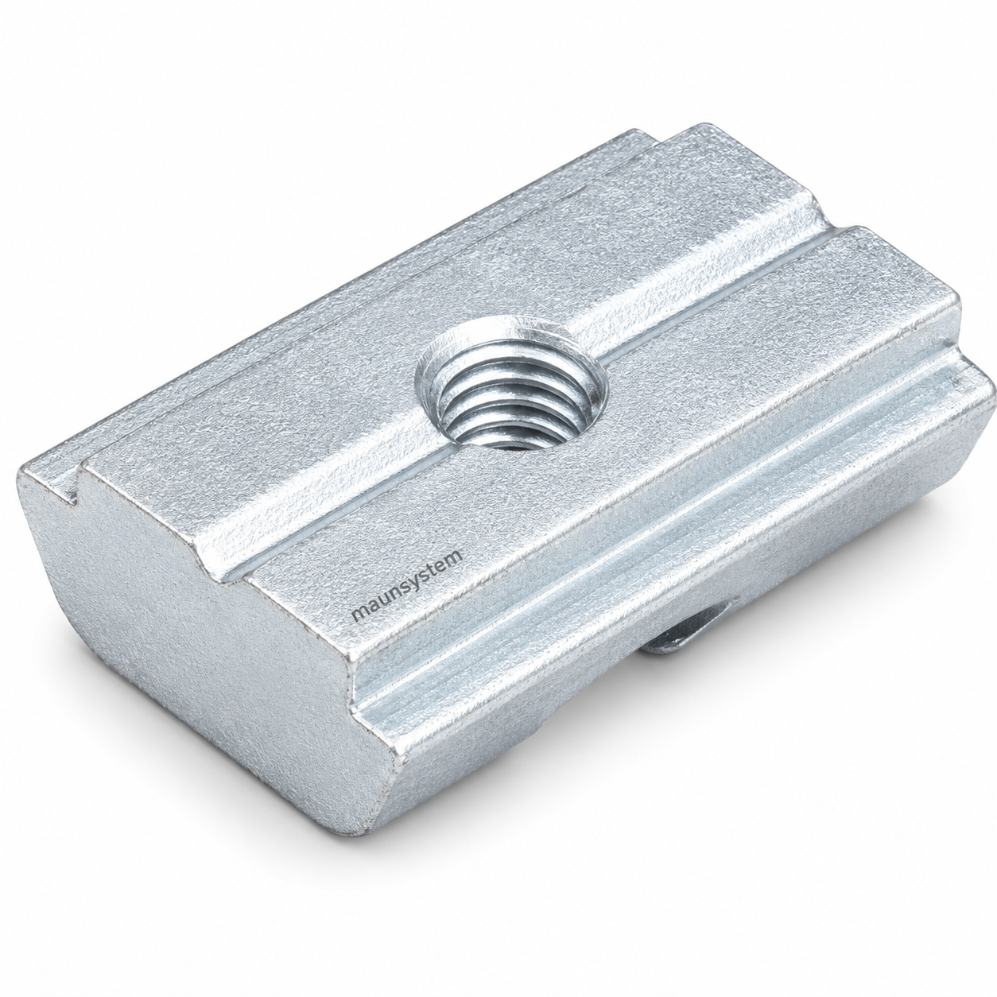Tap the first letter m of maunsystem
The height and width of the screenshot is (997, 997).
tap(359, 614)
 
